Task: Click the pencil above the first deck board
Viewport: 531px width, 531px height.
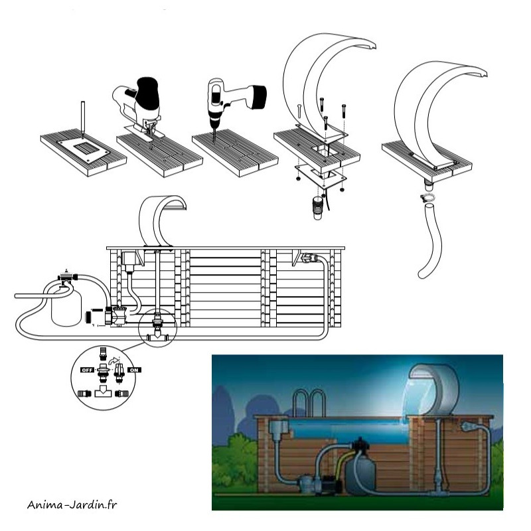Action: pos(82,119)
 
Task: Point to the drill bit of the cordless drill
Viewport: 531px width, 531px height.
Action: pos(214,135)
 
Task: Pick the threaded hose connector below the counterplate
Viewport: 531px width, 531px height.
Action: pos(317,208)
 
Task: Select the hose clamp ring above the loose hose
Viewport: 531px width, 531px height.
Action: pos(427,198)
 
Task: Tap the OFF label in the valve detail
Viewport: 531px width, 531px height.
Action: pos(87,370)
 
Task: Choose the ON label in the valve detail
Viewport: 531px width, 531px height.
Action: pos(134,370)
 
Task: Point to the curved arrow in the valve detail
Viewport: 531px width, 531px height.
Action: pos(114,360)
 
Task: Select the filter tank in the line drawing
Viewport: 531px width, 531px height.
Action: pos(66,305)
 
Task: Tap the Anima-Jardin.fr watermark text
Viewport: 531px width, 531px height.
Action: pos(72,504)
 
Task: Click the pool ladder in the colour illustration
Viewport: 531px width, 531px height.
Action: pos(309,403)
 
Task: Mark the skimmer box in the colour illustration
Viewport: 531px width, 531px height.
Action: pos(279,427)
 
